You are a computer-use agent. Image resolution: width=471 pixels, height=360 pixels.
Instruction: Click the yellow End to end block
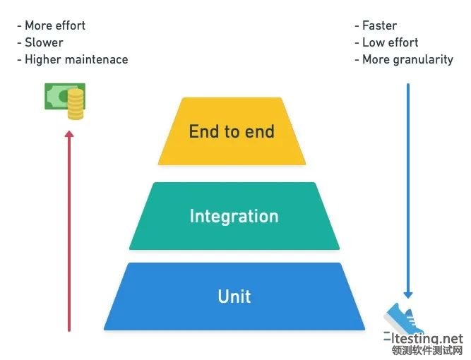(232, 131)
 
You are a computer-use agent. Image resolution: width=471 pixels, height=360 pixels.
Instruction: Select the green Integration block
(234, 216)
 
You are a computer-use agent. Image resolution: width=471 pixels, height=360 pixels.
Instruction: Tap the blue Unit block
(234, 296)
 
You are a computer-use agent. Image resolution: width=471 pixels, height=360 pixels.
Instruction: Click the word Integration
(234, 217)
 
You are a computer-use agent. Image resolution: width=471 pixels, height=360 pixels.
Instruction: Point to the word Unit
(234, 296)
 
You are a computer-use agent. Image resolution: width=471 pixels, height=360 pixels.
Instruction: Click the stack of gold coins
(76, 104)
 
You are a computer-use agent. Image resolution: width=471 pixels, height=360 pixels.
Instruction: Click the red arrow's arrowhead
(69, 134)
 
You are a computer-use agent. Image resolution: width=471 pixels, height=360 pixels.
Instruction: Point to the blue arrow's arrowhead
(408, 294)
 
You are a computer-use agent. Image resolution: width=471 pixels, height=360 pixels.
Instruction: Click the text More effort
(55, 25)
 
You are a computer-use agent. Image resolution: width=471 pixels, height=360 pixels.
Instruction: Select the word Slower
(44, 42)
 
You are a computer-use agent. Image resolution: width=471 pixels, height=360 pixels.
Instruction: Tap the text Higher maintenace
(76, 59)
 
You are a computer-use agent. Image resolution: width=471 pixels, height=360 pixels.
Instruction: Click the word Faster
(379, 25)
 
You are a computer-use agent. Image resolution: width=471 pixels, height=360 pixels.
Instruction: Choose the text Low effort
(390, 42)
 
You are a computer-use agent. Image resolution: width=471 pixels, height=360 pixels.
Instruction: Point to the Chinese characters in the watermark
(427, 350)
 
